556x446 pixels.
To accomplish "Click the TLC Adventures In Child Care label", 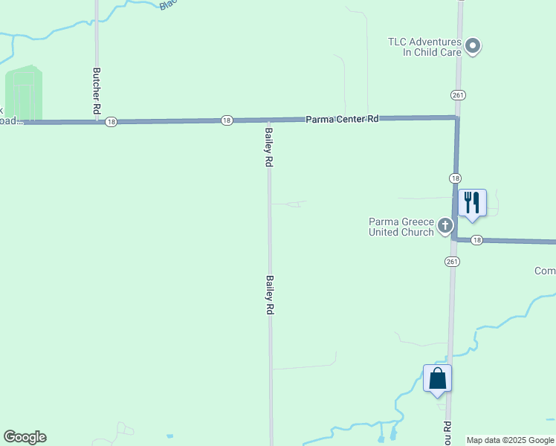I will [x=424, y=48].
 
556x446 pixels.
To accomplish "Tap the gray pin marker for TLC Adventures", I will [x=473, y=48].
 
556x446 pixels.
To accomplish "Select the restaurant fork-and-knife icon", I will [x=471, y=202].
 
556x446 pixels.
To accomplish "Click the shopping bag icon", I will [x=437, y=379].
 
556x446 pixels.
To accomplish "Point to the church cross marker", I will [x=445, y=225].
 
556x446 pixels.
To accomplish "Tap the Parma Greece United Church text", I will [x=401, y=227].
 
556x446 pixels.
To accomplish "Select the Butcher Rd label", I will [x=97, y=91].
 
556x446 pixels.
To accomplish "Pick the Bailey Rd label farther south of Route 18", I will [x=270, y=297].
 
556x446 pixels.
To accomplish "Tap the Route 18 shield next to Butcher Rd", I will [x=111, y=122].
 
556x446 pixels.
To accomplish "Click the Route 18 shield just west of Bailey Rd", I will [x=227, y=120].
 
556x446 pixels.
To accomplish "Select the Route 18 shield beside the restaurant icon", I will [x=455, y=178].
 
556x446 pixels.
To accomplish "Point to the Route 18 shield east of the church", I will [x=476, y=240].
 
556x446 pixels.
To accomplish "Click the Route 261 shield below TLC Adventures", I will [x=458, y=95].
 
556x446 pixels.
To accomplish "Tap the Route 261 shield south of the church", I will [x=453, y=262].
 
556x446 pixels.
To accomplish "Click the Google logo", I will [x=25, y=437].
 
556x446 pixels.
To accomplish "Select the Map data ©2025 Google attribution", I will [x=510, y=440].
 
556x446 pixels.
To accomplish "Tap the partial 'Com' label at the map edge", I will [x=544, y=271].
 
